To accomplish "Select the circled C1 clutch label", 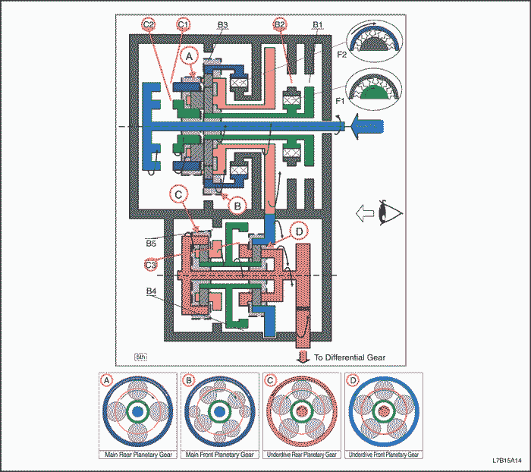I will pos(183,25).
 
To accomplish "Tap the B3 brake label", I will pos(222,25).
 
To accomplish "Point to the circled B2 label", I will pos(281,25).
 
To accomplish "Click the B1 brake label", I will pos(319,25).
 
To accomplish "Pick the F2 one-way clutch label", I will pos(342,55).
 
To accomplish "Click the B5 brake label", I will pos(151,244).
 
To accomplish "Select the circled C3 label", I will pos(151,264).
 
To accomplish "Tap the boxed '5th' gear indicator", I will pos(141,356).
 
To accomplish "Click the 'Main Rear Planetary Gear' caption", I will pos(140,455).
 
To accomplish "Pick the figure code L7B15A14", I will pos(507,461).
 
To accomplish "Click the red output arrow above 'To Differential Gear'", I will pos(303,356).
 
